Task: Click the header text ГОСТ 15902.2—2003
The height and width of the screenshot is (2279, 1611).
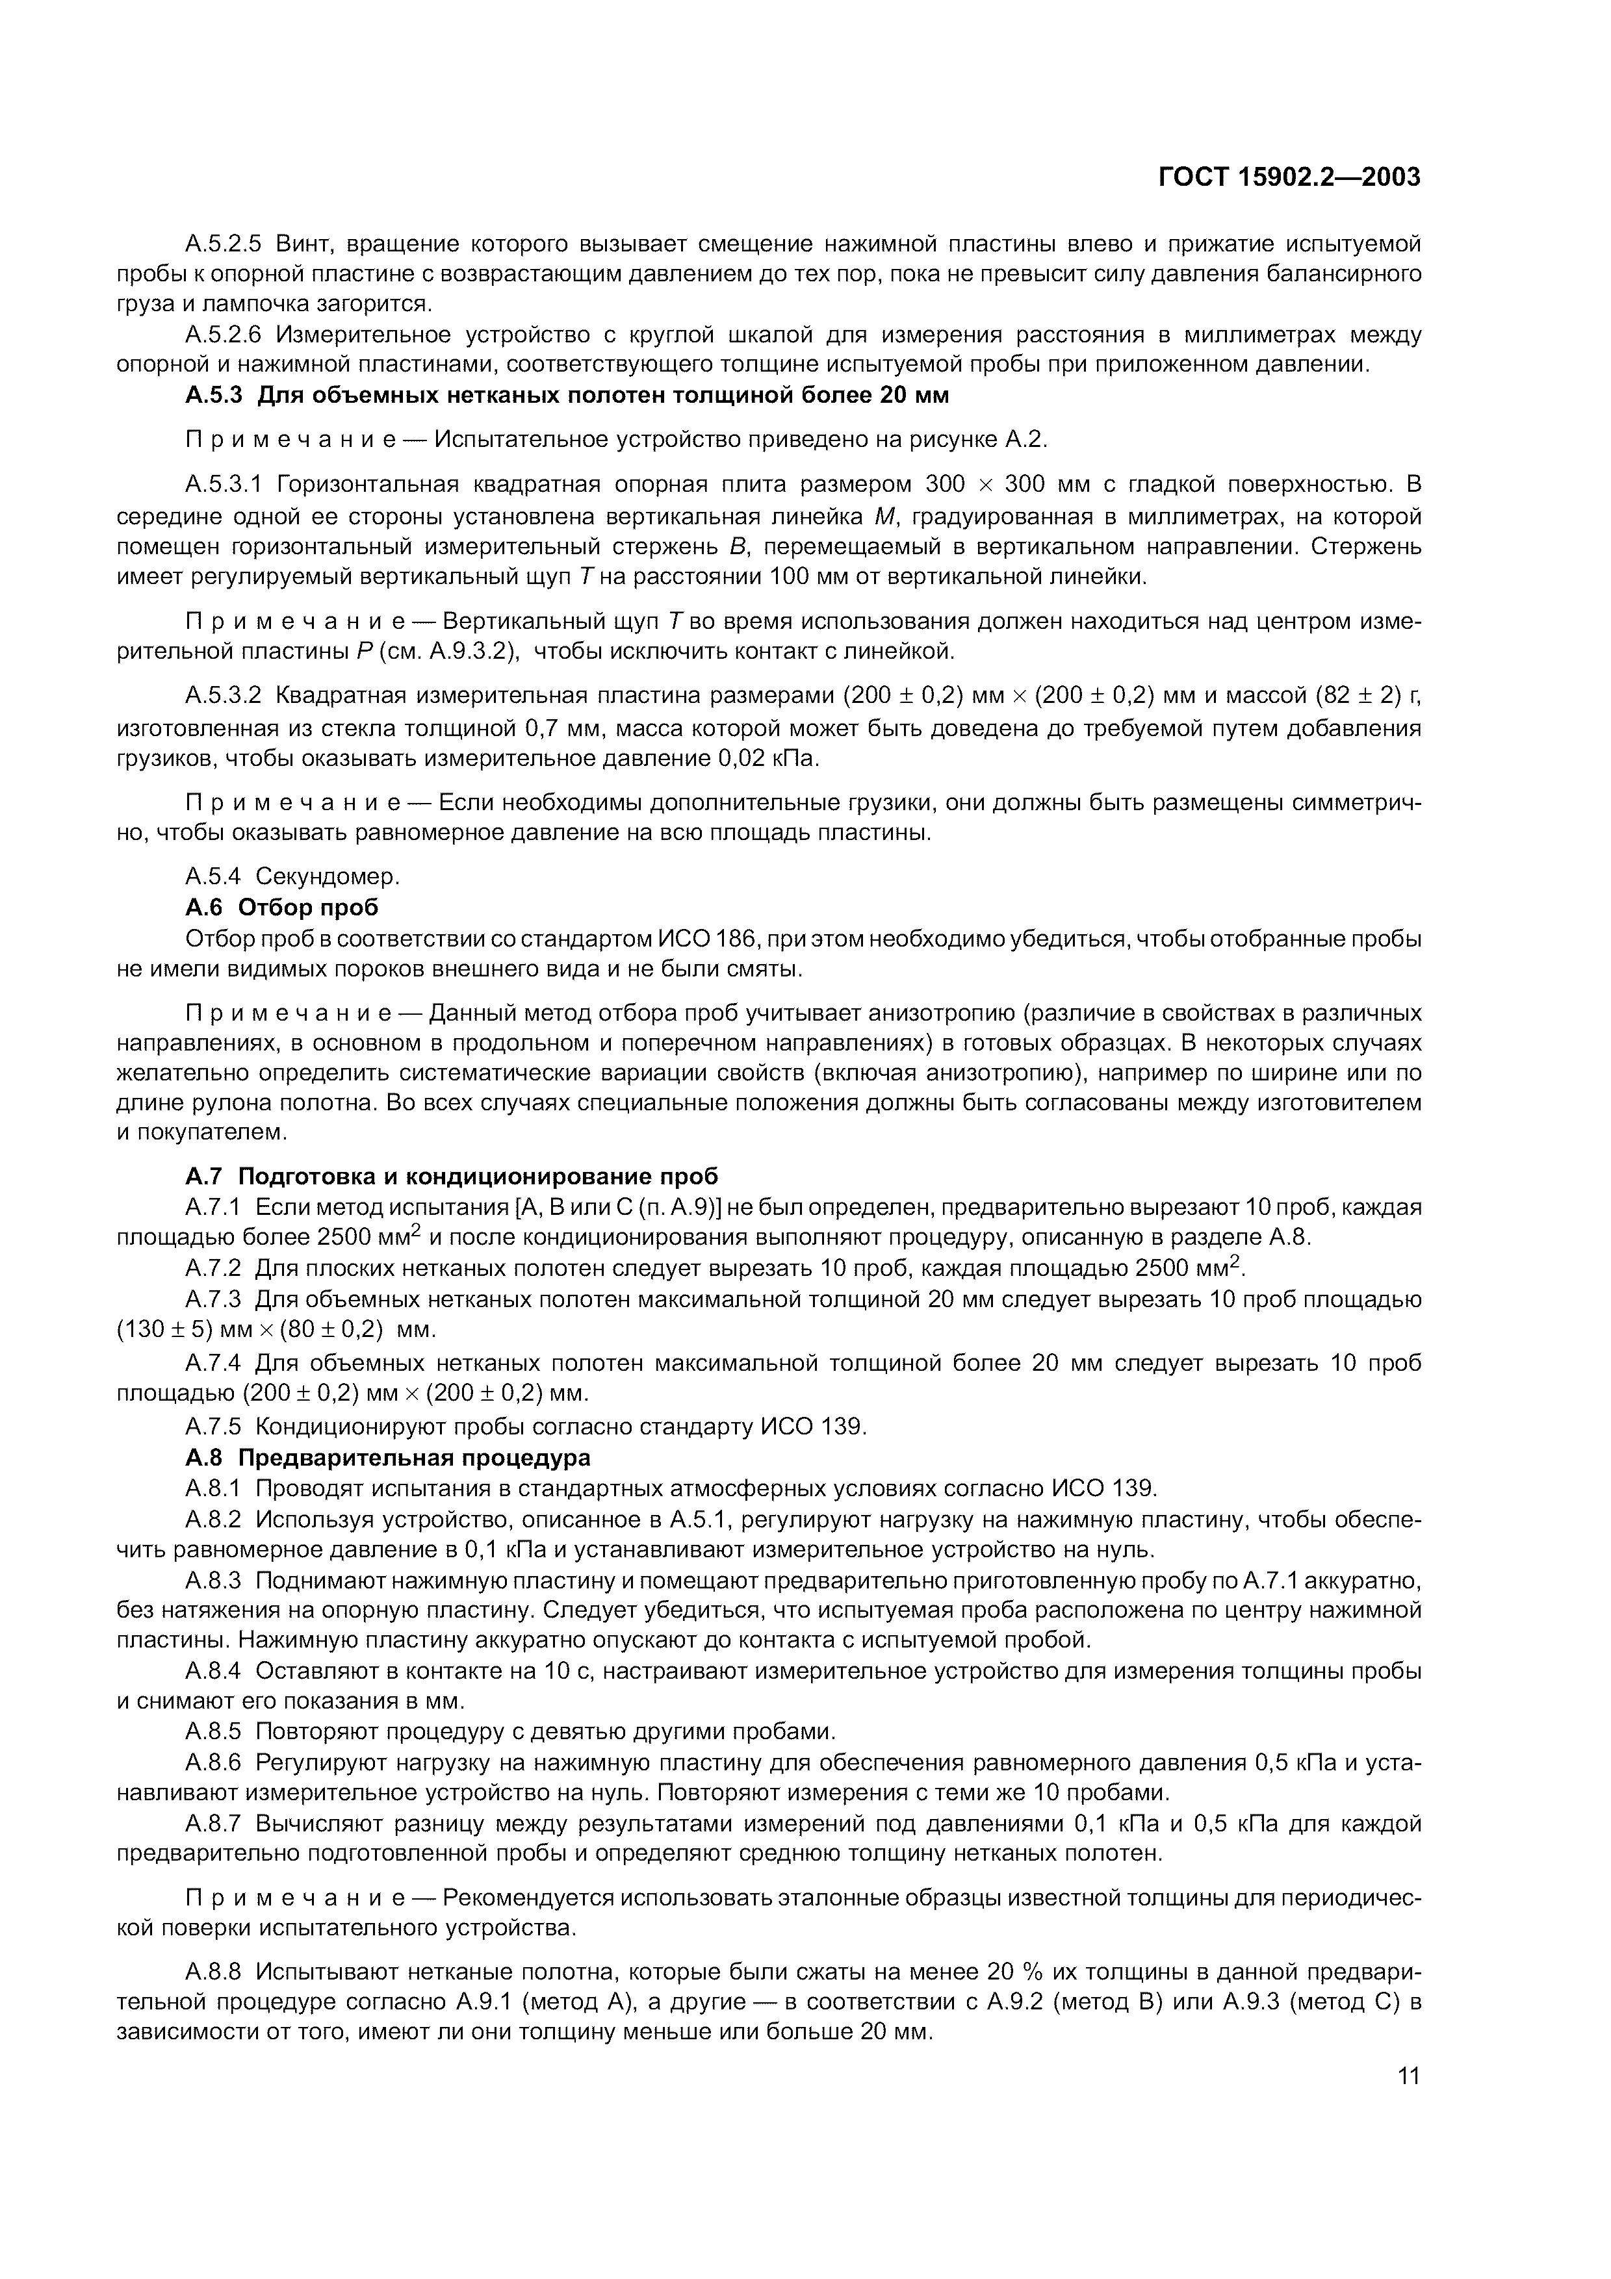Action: [1289, 177]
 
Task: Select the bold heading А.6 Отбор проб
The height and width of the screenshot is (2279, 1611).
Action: [282, 907]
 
